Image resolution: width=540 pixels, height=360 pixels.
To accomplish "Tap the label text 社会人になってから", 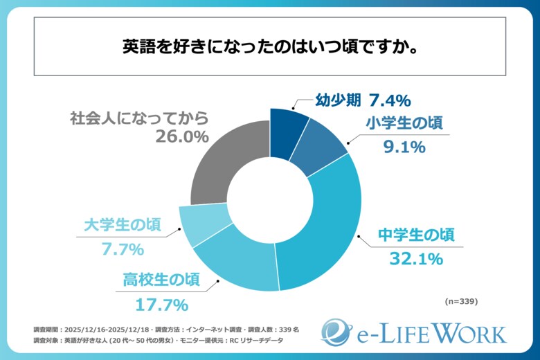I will (x=138, y=117).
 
